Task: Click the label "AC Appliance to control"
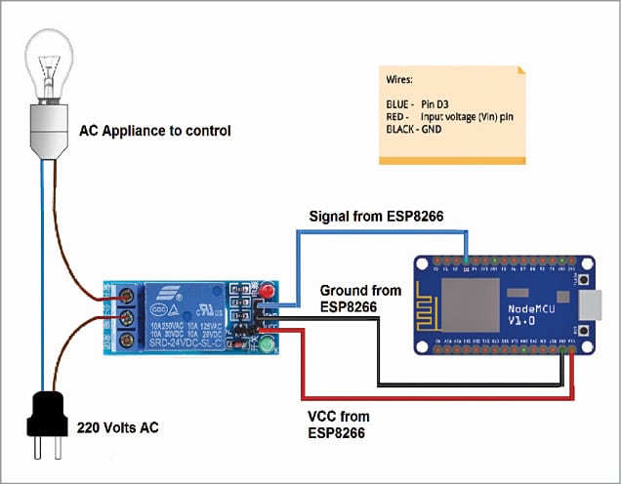click(x=155, y=129)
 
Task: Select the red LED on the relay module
click(x=266, y=291)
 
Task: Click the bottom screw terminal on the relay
click(x=125, y=340)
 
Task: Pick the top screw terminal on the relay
click(x=125, y=296)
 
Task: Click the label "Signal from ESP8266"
click(x=377, y=216)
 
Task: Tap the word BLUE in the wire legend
click(x=400, y=102)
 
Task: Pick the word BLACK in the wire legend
click(x=403, y=127)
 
